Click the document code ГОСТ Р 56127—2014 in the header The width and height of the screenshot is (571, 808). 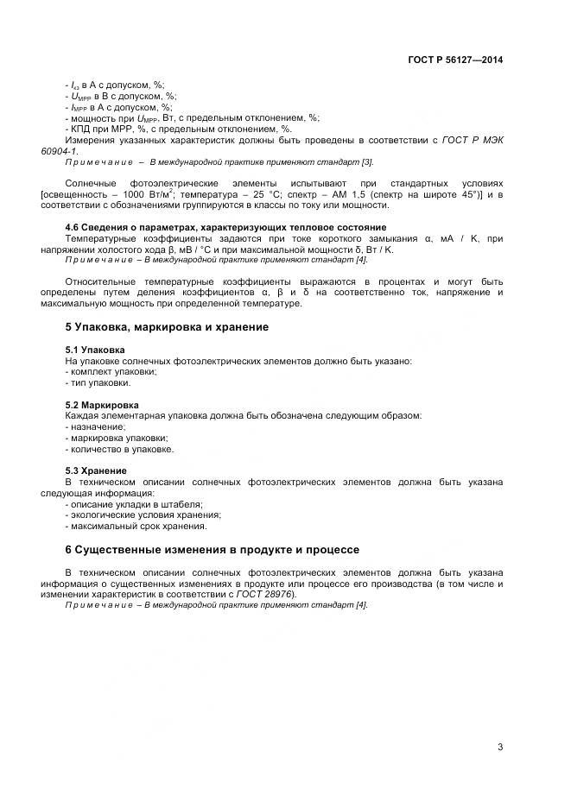coord(454,60)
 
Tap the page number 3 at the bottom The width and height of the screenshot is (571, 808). coord(500,747)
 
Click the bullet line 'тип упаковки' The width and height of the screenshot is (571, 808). coord(98,382)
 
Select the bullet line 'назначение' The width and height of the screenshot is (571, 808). coord(96,426)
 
